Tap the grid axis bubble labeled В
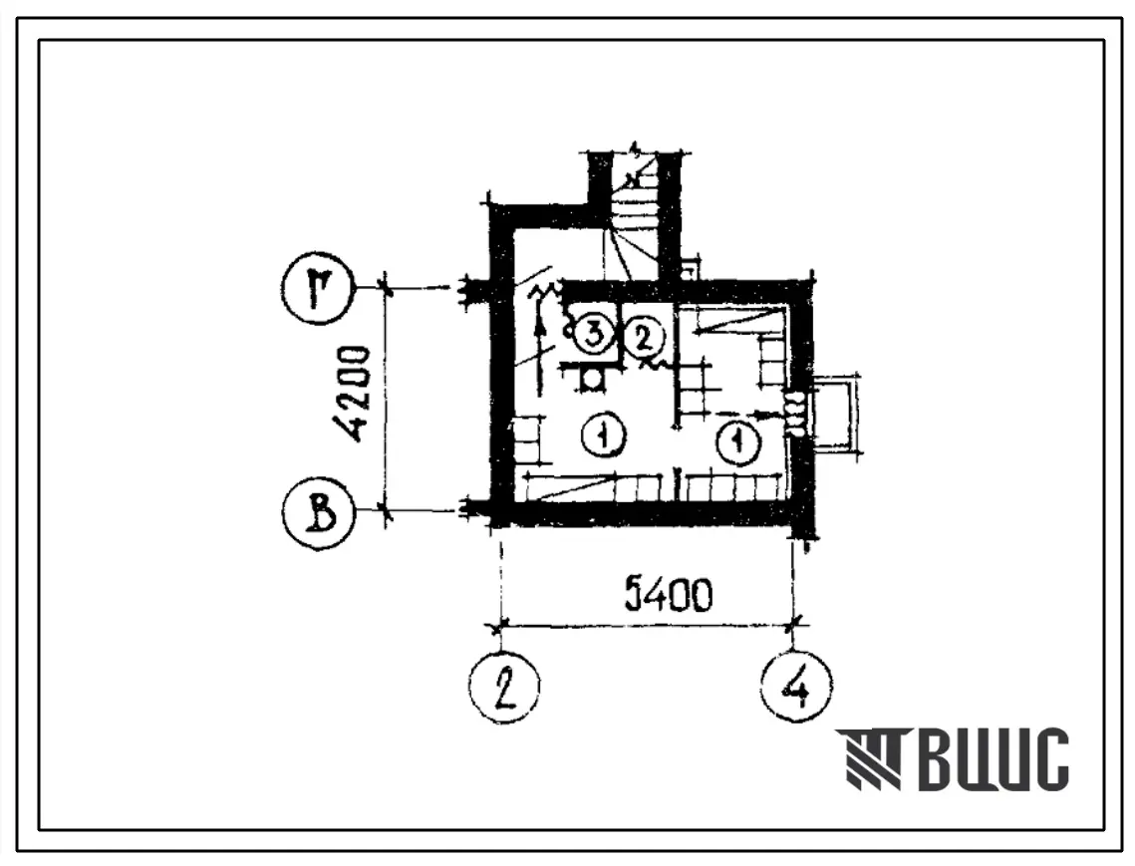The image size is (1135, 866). tap(319, 515)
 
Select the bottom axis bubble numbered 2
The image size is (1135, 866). tap(504, 686)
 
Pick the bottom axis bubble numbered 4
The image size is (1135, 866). tap(797, 686)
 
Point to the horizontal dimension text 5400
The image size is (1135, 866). tap(668, 595)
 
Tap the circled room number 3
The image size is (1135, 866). tap(593, 335)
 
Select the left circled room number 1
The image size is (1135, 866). tap(602, 434)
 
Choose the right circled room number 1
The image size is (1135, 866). tap(738, 440)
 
